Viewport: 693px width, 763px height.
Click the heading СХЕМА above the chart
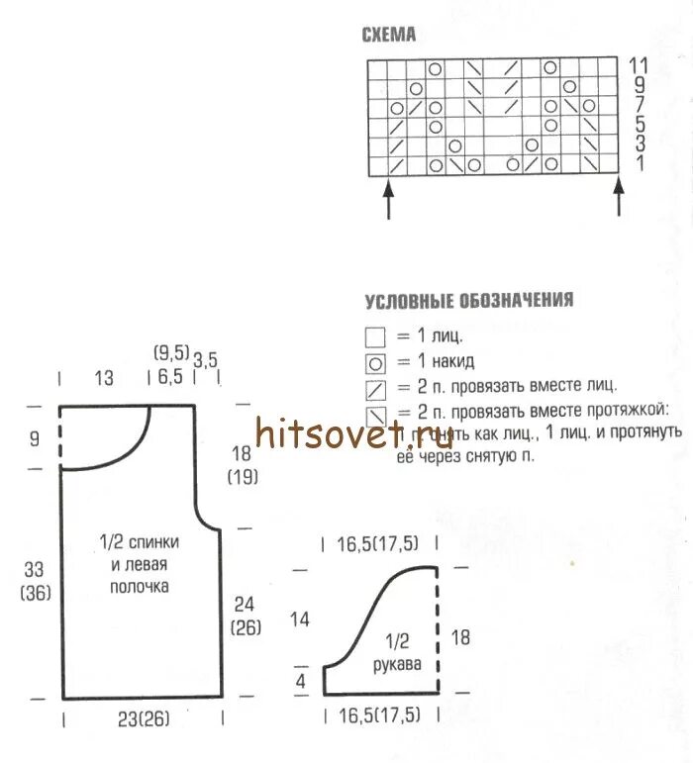pyautogui.click(x=389, y=36)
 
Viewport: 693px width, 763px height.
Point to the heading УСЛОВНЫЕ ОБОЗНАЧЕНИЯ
pyautogui.click(x=468, y=301)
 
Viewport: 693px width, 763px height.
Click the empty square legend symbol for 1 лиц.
pyautogui.click(x=375, y=336)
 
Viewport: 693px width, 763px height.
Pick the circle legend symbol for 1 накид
pyautogui.click(x=375, y=362)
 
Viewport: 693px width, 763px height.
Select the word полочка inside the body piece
pyautogui.click(x=140, y=587)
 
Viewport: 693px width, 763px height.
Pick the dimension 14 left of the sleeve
pyautogui.click(x=300, y=620)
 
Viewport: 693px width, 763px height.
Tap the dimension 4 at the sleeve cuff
pyautogui.click(x=301, y=680)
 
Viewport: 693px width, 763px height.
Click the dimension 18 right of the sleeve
pyautogui.click(x=460, y=637)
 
